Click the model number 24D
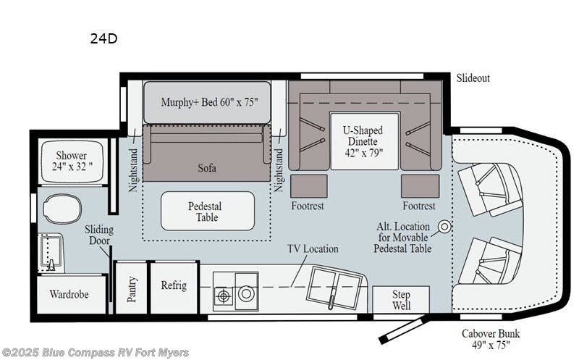pos(103,39)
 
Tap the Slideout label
pos(473,78)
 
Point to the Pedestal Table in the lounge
pos(207,211)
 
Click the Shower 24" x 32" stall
pos(72,161)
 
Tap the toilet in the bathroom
pos(62,209)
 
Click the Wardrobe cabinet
pos(70,294)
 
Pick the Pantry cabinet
pos(131,288)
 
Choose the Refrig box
pos(174,285)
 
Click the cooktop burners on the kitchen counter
pos(235,293)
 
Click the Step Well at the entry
pos(401,299)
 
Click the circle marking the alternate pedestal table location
pos(444,227)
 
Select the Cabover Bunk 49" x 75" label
pos(491,339)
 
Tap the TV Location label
pos(313,249)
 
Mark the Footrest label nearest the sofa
pos(308,206)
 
